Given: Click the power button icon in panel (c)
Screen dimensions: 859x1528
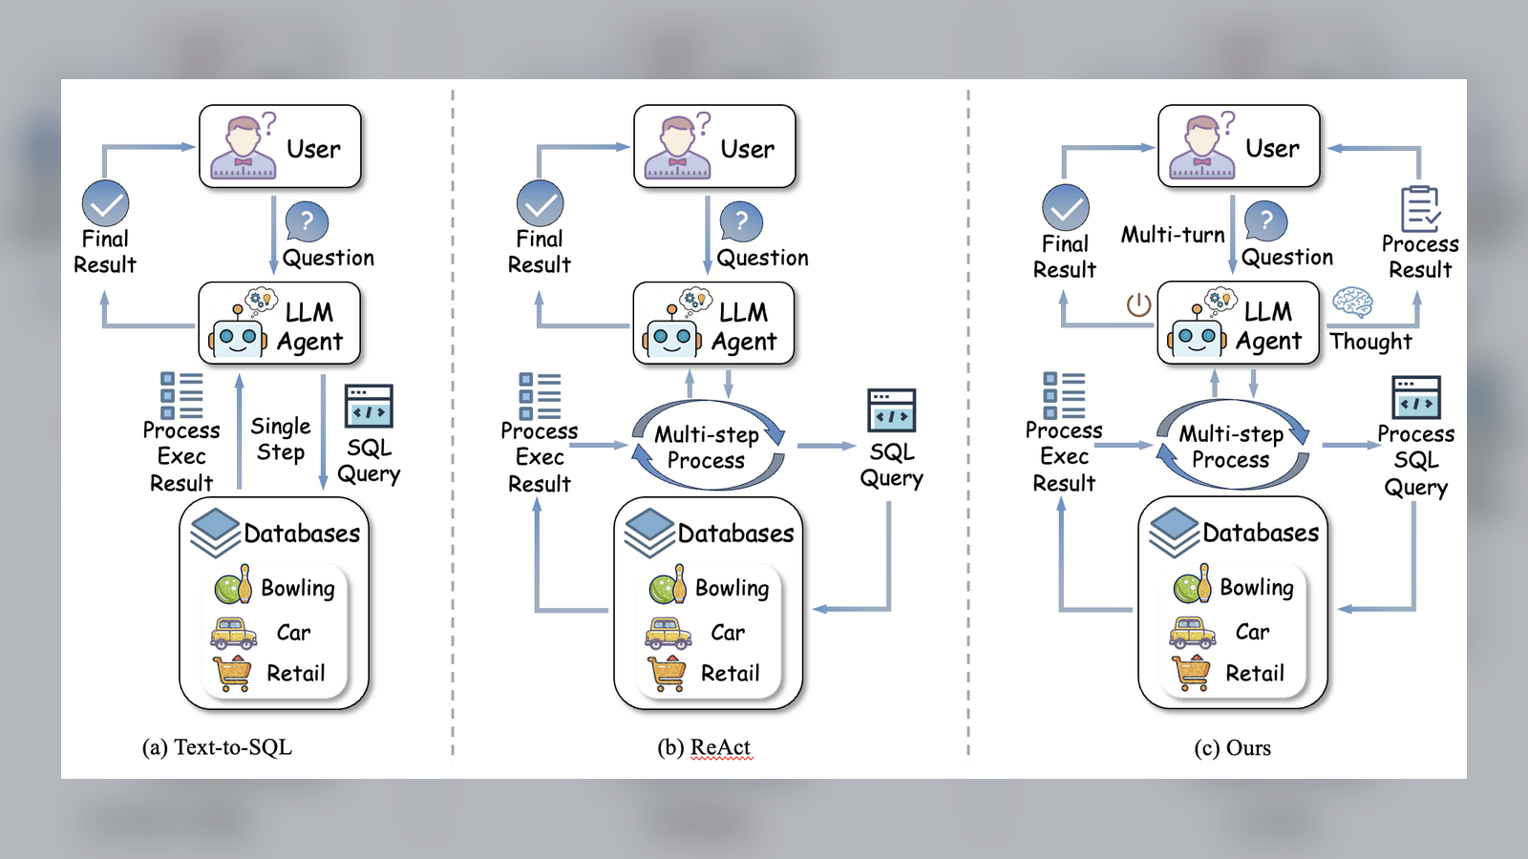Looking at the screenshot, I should (x=1138, y=304).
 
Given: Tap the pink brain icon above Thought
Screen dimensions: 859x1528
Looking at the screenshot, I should (x=1352, y=303).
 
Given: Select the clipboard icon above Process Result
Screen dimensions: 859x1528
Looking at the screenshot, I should (x=1420, y=208).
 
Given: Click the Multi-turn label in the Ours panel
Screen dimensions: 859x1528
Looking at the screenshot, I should (x=1173, y=235).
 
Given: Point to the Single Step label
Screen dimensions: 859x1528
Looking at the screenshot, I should (x=281, y=439).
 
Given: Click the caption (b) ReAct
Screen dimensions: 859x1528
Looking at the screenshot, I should (x=704, y=747).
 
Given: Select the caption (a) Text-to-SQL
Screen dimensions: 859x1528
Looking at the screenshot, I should (x=217, y=747).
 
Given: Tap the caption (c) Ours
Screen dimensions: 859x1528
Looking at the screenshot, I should (x=1232, y=747).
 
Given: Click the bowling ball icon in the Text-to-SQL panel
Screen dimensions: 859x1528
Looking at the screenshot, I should (x=232, y=585).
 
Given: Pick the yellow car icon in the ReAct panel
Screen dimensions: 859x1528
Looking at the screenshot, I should (x=668, y=632).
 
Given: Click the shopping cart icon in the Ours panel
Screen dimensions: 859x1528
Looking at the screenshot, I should (x=1192, y=672).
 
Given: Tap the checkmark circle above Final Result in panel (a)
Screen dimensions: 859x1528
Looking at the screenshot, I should (x=105, y=203).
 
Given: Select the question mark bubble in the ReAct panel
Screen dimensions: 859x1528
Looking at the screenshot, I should (x=741, y=221).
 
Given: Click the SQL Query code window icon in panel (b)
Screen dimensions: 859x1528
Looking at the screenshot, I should (x=891, y=410).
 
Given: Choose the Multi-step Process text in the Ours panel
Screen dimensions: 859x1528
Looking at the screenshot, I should (x=1231, y=447).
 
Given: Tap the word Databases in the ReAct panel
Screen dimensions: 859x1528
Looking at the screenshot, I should (x=735, y=534).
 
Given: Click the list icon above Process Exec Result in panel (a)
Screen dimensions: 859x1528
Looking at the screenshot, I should (x=181, y=394).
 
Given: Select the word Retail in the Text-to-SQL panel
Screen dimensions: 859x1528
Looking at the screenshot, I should (x=296, y=674).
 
